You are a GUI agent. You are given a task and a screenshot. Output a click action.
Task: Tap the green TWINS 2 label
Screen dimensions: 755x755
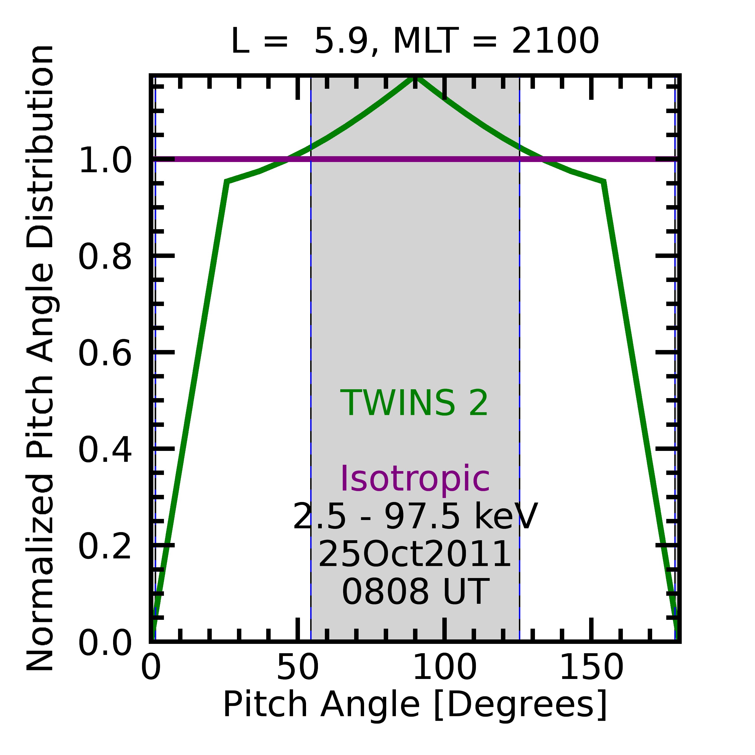pos(414,403)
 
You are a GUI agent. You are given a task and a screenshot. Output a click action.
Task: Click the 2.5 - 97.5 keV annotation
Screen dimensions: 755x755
pos(415,517)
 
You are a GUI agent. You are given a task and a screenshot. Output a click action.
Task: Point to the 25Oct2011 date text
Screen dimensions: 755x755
pos(415,555)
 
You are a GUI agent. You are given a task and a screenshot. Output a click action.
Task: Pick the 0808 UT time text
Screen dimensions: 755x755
pos(415,592)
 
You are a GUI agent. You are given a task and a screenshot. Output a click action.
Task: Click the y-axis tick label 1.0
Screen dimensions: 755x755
pos(105,160)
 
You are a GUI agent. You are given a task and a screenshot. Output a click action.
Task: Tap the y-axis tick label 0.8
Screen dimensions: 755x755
pos(105,257)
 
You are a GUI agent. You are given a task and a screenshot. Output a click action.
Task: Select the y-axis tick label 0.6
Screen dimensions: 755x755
pos(105,353)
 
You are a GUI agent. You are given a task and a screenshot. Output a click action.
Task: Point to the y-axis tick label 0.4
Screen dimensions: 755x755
pos(105,450)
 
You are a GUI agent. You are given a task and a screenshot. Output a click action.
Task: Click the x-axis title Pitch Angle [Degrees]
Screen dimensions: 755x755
pos(415,704)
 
